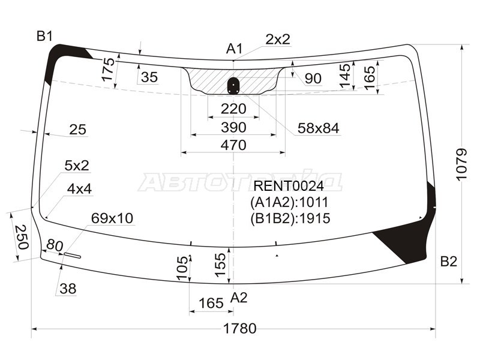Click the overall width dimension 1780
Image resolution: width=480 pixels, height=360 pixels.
pyautogui.click(x=239, y=328)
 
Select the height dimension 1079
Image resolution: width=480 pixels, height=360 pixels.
pyautogui.click(x=461, y=164)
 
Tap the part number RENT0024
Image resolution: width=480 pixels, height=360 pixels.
pyautogui.click(x=289, y=186)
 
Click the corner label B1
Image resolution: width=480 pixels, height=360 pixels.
pyautogui.click(x=44, y=36)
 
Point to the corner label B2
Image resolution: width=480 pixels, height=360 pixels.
pyautogui.click(x=448, y=262)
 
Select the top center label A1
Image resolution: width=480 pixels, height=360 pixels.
pyautogui.click(x=235, y=49)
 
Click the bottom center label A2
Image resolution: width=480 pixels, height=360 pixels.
pyautogui.click(x=239, y=297)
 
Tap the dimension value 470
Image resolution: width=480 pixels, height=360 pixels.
pyautogui.click(x=233, y=145)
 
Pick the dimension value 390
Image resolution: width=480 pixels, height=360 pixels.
pyautogui.click(x=233, y=127)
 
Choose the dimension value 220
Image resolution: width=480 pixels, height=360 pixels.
pyautogui.click(x=233, y=109)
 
